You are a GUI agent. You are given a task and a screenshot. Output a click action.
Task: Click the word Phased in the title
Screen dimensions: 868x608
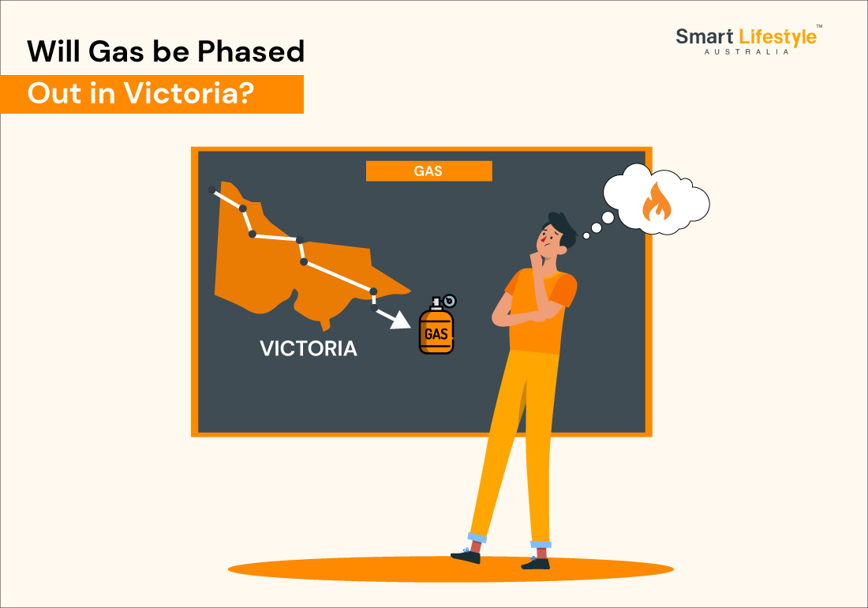(251, 51)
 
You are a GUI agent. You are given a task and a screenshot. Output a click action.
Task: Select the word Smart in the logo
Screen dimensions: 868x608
(704, 36)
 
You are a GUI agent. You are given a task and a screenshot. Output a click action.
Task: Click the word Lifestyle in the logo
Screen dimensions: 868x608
(778, 38)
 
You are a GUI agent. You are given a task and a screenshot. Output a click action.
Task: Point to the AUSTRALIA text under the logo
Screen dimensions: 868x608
(746, 51)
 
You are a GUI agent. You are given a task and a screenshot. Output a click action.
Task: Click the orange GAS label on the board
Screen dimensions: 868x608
(428, 171)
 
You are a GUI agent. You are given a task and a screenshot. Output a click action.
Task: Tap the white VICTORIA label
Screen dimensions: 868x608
(309, 348)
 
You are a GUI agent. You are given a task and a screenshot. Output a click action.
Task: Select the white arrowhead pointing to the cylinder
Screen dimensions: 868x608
(400, 320)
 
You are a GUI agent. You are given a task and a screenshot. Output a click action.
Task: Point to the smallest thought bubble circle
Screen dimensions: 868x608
(586, 236)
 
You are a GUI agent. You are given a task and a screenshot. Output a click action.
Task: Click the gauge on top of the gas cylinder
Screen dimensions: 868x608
(450, 301)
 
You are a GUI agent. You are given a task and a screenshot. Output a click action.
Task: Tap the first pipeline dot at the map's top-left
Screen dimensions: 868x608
(211, 190)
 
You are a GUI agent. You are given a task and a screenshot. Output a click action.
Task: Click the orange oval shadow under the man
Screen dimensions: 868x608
(451, 569)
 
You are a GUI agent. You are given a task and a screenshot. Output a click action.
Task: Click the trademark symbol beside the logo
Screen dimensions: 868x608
(819, 26)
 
